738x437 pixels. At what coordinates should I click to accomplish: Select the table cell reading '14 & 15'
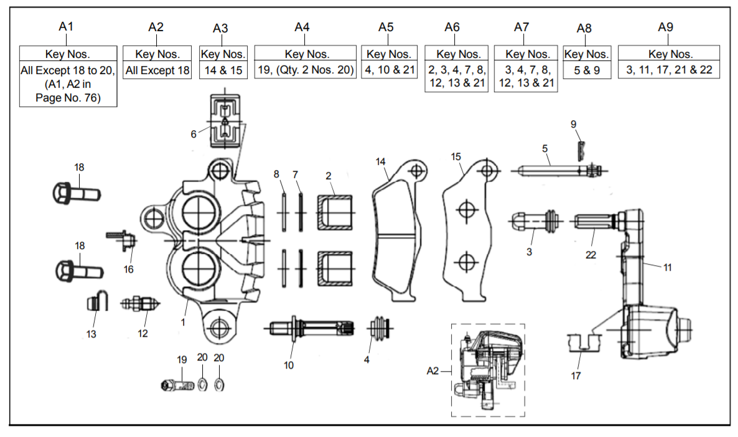[223, 70]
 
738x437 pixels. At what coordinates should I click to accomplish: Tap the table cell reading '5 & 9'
[587, 70]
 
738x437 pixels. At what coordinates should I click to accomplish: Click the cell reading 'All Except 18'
[157, 70]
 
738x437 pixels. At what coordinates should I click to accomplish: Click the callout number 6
[194, 134]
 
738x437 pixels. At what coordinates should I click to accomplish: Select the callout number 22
[591, 255]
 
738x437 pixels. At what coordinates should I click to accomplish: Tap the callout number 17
[576, 376]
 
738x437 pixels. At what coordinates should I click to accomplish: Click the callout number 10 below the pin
[289, 365]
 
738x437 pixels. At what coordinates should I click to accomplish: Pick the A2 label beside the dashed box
[433, 371]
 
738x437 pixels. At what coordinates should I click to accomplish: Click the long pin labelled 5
[554, 170]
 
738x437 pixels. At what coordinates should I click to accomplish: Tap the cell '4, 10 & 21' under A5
[389, 70]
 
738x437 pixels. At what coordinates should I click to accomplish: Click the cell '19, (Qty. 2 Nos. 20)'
[306, 70]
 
